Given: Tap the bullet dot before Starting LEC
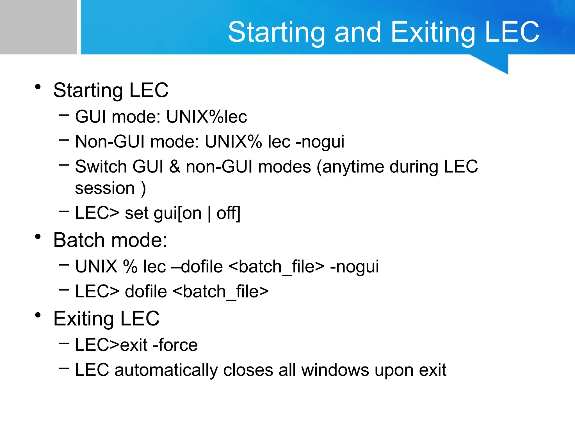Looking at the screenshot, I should click(x=38, y=87).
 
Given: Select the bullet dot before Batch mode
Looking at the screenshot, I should click(x=38, y=237).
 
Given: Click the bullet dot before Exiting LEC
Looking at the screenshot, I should click(x=38, y=315).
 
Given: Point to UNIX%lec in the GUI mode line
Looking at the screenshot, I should click(x=207, y=116).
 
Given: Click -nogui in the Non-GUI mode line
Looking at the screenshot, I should click(x=320, y=141).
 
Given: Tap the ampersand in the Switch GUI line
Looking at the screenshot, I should click(x=174, y=166).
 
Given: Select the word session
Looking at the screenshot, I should click(x=105, y=188).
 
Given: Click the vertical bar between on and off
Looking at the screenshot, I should click(x=209, y=213).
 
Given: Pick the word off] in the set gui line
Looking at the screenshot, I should click(x=229, y=213).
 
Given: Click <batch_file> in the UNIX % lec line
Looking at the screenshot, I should click(x=277, y=266).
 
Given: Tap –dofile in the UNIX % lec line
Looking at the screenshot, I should click(x=197, y=266).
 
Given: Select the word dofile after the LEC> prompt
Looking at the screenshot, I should click(x=146, y=291).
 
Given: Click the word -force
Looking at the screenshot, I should click(x=175, y=345).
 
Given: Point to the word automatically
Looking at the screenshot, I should click(x=166, y=370).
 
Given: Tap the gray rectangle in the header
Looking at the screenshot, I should click(x=38, y=27).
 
